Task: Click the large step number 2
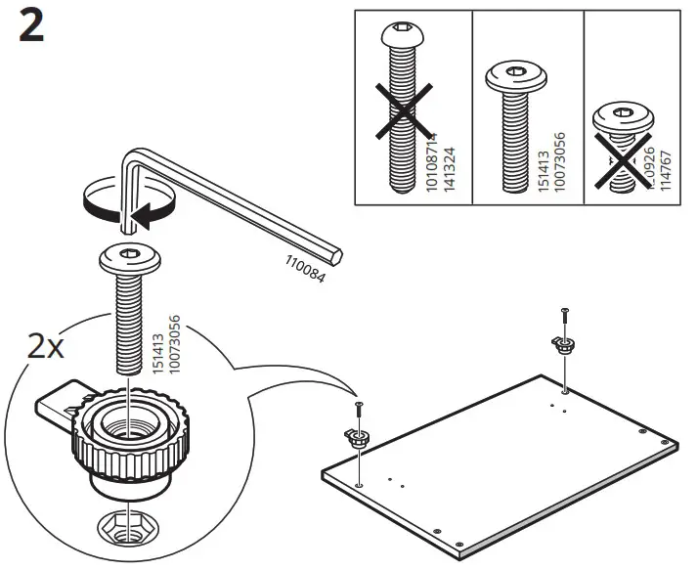31,28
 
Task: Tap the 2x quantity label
46,347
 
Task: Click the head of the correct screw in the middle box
515,75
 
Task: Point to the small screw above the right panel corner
563,316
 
